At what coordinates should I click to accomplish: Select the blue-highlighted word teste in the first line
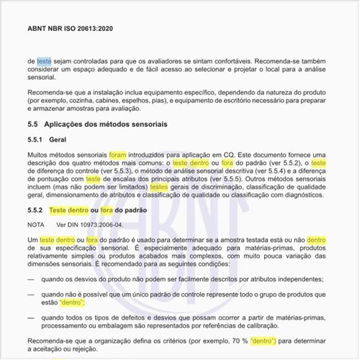[44, 62]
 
